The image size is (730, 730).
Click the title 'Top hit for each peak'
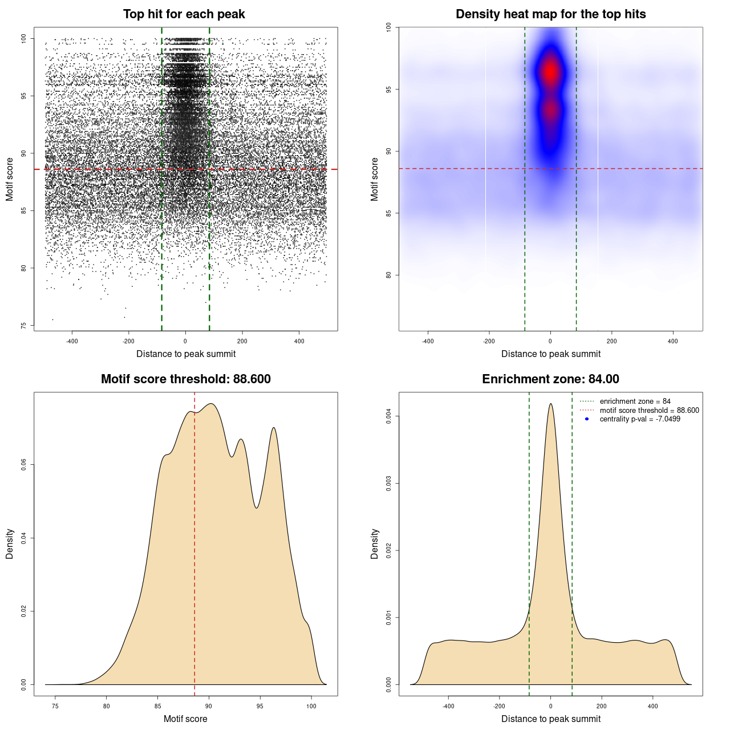[x=184, y=14]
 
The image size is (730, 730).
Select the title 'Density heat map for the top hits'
[x=550, y=14]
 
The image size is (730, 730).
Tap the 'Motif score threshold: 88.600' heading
[x=185, y=379]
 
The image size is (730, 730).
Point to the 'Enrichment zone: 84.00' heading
[x=550, y=379]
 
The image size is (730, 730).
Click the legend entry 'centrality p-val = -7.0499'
[x=639, y=419]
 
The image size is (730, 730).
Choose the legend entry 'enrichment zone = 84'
[x=635, y=401]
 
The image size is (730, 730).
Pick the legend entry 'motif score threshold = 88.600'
[x=649, y=410]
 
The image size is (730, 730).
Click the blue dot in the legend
[x=587, y=419]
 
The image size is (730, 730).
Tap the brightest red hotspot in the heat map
[x=550, y=72]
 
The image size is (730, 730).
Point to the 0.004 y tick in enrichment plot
[x=389, y=416]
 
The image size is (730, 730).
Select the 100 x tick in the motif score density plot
[x=311, y=706]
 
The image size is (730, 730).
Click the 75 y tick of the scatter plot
[x=23, y=326]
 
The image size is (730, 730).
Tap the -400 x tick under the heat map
[x=428, y=341]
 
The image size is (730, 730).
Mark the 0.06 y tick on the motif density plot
[x=23, y=465]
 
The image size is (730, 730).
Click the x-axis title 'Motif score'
[x=185, y=719]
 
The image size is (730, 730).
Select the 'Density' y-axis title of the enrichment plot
[x=375, y=544]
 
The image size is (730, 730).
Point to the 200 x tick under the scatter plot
[x=242, y=341]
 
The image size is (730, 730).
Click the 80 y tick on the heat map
[x=388, y=275]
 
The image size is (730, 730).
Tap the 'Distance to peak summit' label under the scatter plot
[x=186, y=354]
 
